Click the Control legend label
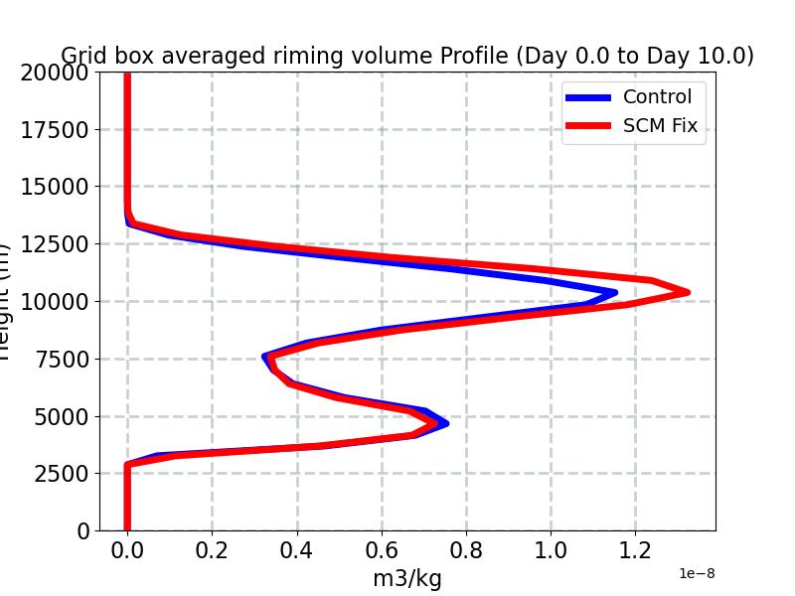click(x=657, y=96)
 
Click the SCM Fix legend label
click(x=660, y=126)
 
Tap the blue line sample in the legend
click(x=587, y=97)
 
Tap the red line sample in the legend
click(x=587, y=126)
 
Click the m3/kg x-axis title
click(x=406, y=578)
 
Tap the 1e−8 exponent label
click(x=697, y=573)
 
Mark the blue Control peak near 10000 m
click(x=614, y=292)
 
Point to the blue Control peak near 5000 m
click(x=445, y=423)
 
